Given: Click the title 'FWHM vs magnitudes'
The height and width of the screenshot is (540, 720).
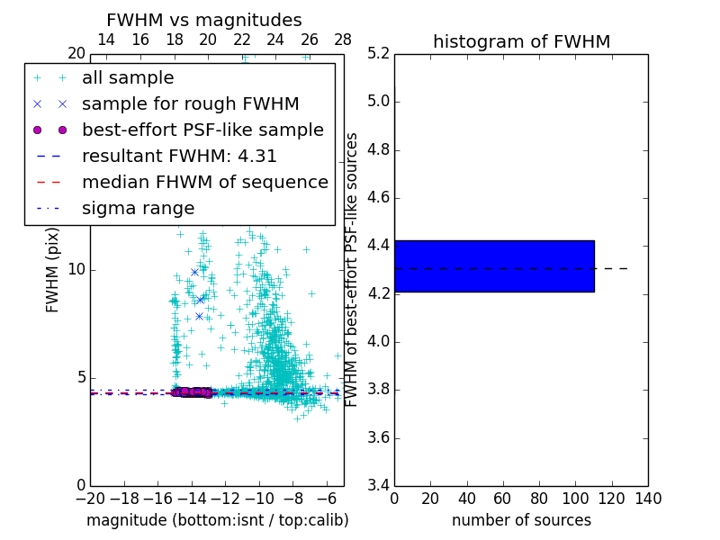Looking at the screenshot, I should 204,21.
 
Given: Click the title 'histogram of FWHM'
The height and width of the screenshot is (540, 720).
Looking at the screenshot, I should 521,41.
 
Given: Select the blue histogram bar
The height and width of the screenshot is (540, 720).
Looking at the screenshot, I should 494,265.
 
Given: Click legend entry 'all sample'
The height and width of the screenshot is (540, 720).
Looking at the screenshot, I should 128,78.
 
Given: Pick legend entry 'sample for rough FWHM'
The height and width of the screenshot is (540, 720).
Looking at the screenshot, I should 190,104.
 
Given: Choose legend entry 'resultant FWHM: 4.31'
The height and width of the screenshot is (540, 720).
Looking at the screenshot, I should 179,157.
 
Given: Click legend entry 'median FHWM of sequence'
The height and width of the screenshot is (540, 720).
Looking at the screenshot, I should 204,183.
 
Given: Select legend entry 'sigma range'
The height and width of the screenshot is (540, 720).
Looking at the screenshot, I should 138,209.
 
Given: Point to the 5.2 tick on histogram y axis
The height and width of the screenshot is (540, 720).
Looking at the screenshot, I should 378,53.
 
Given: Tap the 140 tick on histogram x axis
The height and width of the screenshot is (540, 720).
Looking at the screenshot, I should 648,498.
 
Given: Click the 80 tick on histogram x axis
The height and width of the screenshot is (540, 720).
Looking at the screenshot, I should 539,498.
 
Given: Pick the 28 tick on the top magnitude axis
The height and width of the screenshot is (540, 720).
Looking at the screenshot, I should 343,40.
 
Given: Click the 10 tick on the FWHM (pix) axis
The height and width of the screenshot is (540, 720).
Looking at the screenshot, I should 76,270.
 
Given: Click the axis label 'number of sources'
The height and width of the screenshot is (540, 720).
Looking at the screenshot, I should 521,520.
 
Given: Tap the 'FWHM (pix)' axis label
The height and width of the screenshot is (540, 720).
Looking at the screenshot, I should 53,270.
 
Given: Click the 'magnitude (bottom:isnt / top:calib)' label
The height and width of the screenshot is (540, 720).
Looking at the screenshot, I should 217,520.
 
